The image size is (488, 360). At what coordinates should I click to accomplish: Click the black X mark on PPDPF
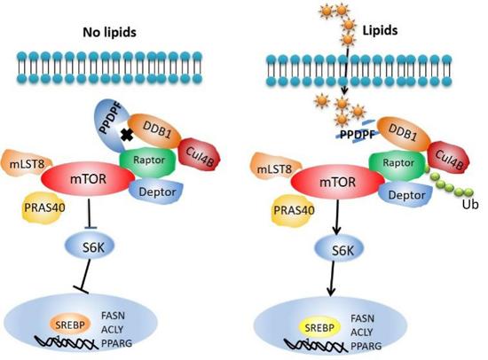click(127, 136)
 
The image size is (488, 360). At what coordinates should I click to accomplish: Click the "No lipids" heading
click(109, 32)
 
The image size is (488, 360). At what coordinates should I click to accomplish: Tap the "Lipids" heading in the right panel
click(380, 30)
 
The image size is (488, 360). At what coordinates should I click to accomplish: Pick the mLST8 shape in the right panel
click(274, 168)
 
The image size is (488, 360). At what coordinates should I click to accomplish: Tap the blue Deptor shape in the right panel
click(406, 195)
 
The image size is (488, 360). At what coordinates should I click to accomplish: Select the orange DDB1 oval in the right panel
click(405, 134)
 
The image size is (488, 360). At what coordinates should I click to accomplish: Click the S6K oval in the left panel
click(90, 247)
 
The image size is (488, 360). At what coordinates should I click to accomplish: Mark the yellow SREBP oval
click(319, 328)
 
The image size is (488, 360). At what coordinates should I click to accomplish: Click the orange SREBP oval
click(70, 325)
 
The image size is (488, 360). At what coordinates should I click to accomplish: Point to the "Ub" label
click(470, 205)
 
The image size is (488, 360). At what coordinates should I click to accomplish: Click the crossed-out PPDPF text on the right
click(357, 135)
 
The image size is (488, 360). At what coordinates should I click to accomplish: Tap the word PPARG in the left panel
click(117, 343)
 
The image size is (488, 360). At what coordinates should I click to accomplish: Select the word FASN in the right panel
click(362, 318)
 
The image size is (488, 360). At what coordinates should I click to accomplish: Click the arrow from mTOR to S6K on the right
click(337, 218)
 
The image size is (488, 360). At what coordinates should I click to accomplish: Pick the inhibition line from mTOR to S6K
click(90, 214)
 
